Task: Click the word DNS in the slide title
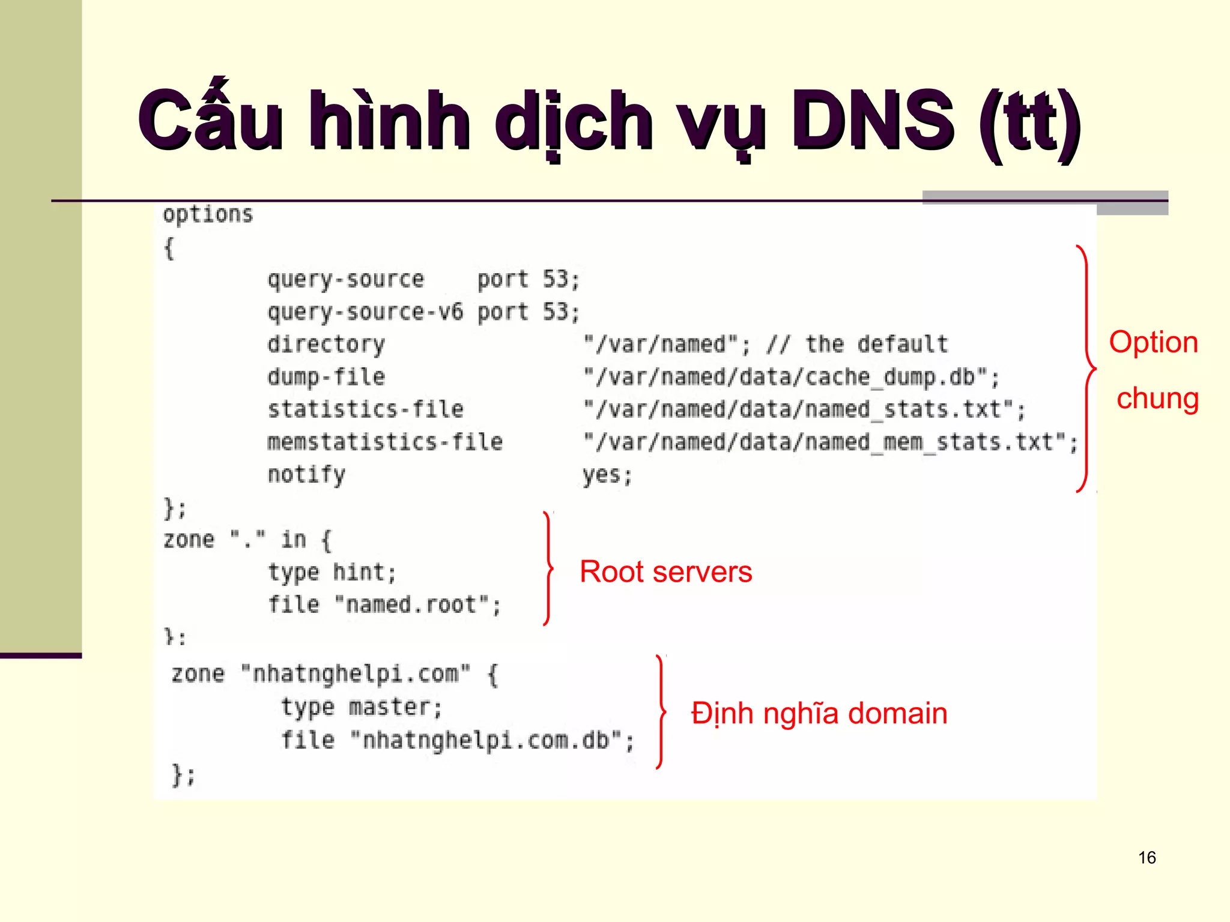pyautogui.click(x=872, y=120)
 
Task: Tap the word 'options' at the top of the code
pyautogui.click(x=208, y=215)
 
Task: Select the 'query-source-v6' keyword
pyautogui.click(x=365, y=312)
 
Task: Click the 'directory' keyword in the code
pyautogui.click(x=326, y=345)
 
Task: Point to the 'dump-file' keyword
pyautogui.click(x=326, y=377)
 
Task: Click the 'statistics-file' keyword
pyautogui.click(x=365, y=409)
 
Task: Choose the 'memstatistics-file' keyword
pyautogui.click(x=384, y=442)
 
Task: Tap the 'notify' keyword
pyautogui.click(x=306, y=475)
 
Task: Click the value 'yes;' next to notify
pyautogui.click(x=607, y=475)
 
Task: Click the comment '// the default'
pyautogui.click(x=857, y=345)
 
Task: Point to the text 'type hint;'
pyautogui.click(x=332, y=572)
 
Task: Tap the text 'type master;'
pyautogui.click(x=362, y=707)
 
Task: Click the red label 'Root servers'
pyautogui.click(x=665, y=571)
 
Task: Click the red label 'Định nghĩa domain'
pyautogui.click(x=819, y=714)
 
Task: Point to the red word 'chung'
pyautogui.click(x=1157, y=399)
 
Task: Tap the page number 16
pyautogui.click(x=1147, y=858)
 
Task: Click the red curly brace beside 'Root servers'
pyautogui.click(x=548, y=568)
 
